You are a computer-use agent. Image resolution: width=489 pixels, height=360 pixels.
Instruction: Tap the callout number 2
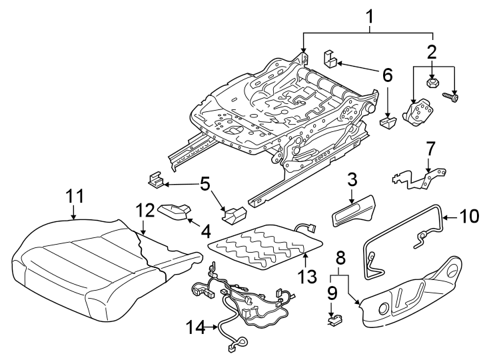(x=432, y=51)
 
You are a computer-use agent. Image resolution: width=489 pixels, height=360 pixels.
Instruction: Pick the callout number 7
(x=430, y=147)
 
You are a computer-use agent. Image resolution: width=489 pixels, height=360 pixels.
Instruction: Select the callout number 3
(x=353, y=179)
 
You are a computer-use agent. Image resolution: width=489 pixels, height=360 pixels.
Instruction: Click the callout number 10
(x=470, y=216)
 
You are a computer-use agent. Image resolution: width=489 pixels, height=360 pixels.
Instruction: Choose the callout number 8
(x=340, y=256)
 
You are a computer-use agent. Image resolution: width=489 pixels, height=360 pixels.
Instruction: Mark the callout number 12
(x=145, y=210)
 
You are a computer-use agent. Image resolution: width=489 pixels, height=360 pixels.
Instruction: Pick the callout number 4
(x=205, y=232)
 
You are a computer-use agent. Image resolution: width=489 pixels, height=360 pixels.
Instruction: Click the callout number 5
(x=205, y=183)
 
